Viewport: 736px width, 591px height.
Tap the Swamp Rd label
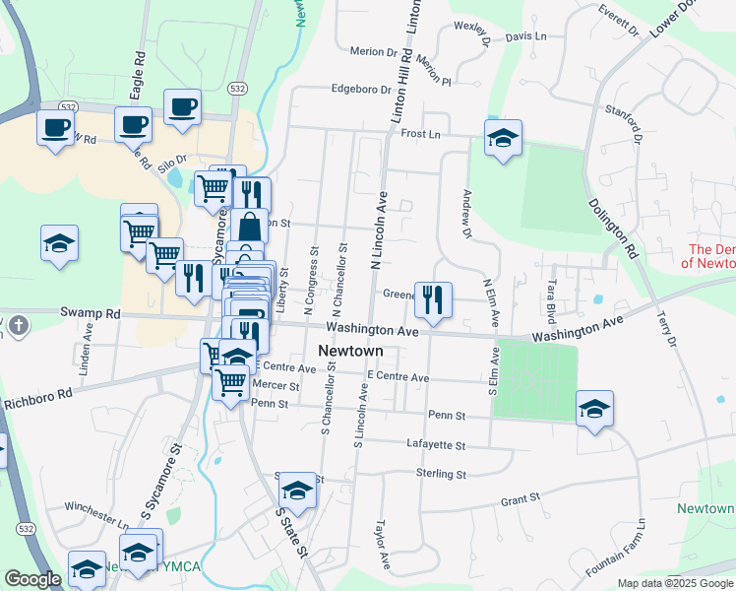pyautogui.click(x=89, y=314)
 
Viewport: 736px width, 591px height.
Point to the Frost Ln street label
pyautogui.click(x=419, y=133)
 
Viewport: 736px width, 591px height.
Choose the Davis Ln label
pyautogui.click(x=525, y=36)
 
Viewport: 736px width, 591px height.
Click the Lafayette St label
pyautogui.click(x=436, y=445)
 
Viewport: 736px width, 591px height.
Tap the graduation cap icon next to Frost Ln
pyautogui.click(x=503, y=137)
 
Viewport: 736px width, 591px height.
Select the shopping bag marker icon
pyautogui.click(x=250, y=226)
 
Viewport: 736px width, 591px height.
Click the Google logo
pyautogui.click(x=32, y=580)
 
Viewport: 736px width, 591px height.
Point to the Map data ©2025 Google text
pyautogui.click(x=675, y=583)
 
